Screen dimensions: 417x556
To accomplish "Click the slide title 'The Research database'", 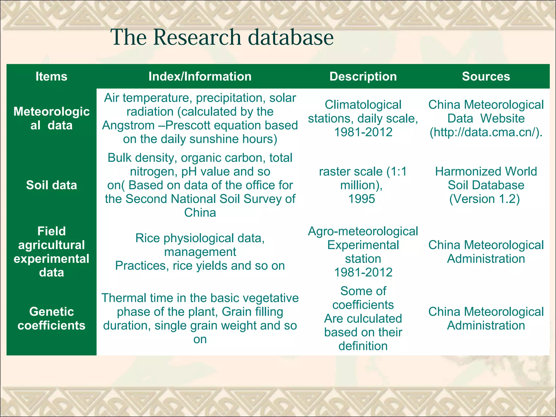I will click(x=222, y=37).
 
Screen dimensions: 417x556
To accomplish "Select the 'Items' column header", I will click(x=51, y=77).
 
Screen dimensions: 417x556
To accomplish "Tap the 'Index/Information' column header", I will click(x=200, y=77).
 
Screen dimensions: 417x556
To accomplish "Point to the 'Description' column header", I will click(x=363, y=77).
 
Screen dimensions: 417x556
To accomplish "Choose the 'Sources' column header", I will click(x=486, y=77).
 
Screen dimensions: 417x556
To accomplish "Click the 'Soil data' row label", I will click(x=51, y=185).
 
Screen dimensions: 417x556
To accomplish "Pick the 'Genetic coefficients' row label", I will click(x=51, y=318).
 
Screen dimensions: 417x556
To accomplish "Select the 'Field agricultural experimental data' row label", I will click(x=51, y=252).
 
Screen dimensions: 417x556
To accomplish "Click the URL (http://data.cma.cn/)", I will click(x=486, y=132).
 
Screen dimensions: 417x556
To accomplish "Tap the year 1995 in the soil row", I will click(x=362, y=199).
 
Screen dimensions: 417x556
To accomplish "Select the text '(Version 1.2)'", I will click(x=485, y=199).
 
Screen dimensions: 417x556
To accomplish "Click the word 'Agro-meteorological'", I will click(x=363, y=231).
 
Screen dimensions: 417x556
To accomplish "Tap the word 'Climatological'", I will click(x=363, y=105).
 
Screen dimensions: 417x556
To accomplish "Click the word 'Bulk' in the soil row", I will click(x=120, y=158).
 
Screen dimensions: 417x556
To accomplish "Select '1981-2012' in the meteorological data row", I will click(x=363, y=132).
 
